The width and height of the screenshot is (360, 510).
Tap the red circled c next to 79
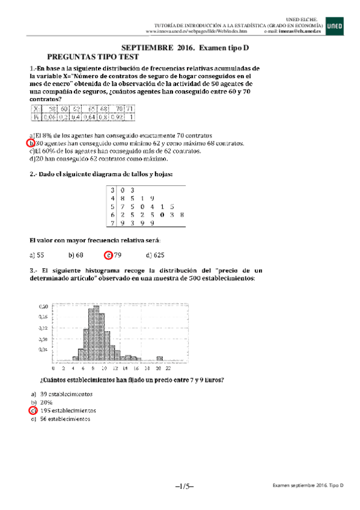click(108, 254)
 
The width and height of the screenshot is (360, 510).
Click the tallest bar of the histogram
click(94, 333)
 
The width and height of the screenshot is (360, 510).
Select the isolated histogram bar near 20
click(159, 358)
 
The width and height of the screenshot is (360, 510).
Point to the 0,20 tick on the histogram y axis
click(43, 307)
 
